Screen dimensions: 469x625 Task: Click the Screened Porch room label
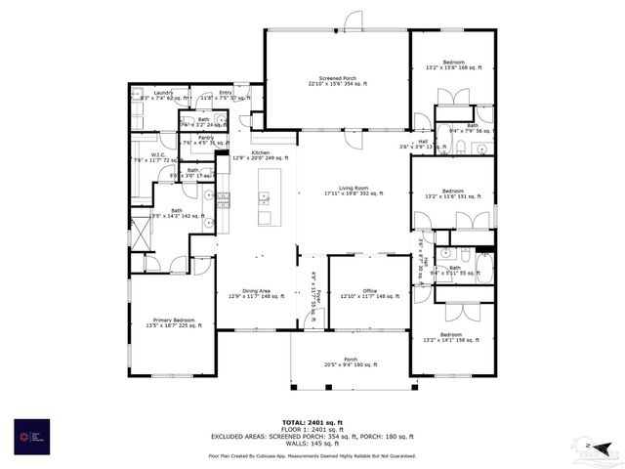336,82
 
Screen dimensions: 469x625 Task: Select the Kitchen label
260,154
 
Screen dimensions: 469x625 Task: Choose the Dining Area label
256,292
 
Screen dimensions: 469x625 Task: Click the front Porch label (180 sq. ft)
350,361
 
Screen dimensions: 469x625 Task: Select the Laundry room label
162,95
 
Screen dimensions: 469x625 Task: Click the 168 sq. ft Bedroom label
450,64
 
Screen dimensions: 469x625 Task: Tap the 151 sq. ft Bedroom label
452,192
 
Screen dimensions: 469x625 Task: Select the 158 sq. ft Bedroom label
452,337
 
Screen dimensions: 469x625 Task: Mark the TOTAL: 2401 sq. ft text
312,422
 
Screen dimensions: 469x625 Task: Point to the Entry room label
226,95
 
